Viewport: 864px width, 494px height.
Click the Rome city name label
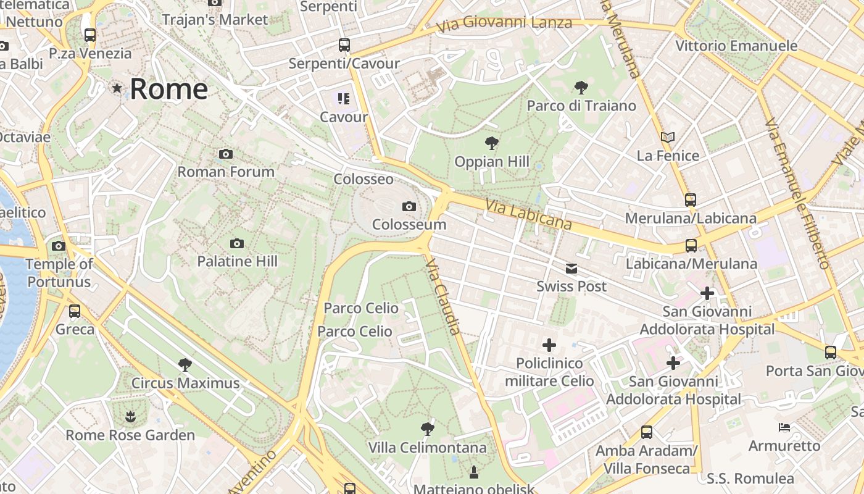pyautogui.click(x=168, y=89)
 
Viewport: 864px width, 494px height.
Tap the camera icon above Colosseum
pyautogui.click(x=409, y=206)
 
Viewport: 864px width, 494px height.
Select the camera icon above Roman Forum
pyautogui.click(x=226, y=154)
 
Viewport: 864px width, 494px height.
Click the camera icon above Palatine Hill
pyautogui.click(x=237, y=244)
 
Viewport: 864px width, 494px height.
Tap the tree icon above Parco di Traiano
pyautogui.click(x=581, y=87)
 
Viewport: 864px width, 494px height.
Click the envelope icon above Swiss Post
pyautogui.click(x=571, y=269)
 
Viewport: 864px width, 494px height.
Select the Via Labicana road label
pyautogui.click(x=528, y=214)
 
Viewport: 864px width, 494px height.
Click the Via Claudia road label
pyautogui.click(x=443, y=296)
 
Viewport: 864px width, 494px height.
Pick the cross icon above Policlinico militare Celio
pyautogui.click(x=549, y=345)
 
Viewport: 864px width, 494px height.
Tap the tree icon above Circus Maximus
pyautogui.click(x=185, y=365)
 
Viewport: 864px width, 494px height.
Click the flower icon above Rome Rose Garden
pyautogui.click(x=130, y=417)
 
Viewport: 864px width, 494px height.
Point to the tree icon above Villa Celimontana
pyautogui.click(x=427, y=429)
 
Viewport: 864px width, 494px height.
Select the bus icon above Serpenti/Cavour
pyautogui.click(x=344, y=45)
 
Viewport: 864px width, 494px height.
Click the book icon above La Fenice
pyautogui.click(x=668, y=137)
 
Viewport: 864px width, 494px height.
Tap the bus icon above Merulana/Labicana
pyautogui.click(x=691, y=200)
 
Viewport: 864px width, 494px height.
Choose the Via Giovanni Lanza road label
pyautogui.click(x=504, y=24)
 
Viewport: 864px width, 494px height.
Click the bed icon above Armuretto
pyautogui.click(x=784, y=427)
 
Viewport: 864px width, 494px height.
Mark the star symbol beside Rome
pyautogui.click(x=117, y=88)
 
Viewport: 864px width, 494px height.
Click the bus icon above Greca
pyautogui.click(x=75, y=311)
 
